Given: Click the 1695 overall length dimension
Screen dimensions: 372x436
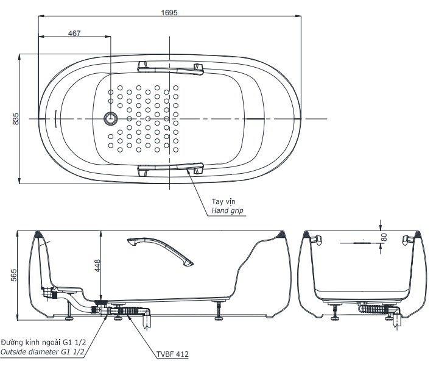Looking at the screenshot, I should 170,12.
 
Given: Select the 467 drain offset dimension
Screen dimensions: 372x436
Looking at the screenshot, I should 74,33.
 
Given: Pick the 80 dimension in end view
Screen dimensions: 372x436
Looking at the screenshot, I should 383,236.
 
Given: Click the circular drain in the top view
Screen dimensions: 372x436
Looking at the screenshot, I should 111,118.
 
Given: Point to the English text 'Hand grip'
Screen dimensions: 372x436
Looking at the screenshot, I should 227,210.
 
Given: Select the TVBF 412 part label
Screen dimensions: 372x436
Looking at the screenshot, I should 172,352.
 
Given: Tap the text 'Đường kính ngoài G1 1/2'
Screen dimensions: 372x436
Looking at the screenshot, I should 43,342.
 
